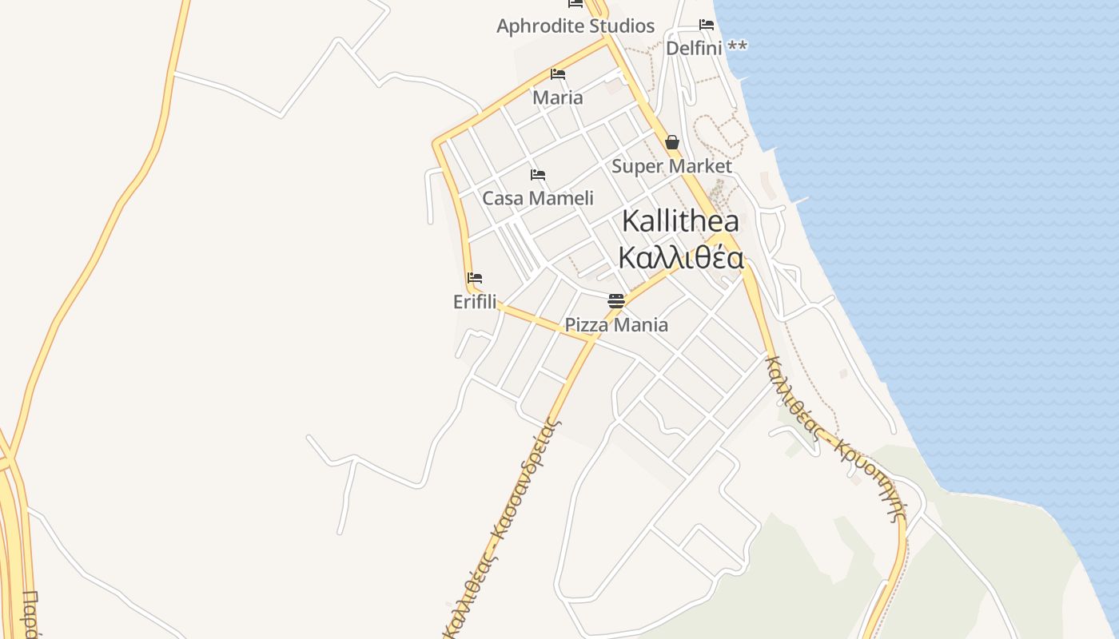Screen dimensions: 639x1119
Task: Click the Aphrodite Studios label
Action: click(x=575, y=26)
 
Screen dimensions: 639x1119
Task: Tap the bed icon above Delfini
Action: click(x=707, y=25)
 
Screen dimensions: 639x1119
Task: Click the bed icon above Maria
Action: click(x=558, y=74)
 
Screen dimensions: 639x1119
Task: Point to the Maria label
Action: click(x=558, y=97)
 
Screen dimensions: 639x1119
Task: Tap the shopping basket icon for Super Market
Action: click(x=672, y=143)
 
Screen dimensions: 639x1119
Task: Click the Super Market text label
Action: click(x=671, y=166)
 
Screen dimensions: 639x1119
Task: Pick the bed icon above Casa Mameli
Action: click(x=538, y=175)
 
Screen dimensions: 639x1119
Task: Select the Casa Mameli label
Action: click(x=538, y=198)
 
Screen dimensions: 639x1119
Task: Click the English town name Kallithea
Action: click(x=680, y=221)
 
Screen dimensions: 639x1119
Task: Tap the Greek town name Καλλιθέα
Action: click(x=681, y=258)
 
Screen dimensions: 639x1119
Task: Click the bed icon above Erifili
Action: click(x=475, y=279)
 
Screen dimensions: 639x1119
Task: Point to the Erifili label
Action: click(x=475, y=302)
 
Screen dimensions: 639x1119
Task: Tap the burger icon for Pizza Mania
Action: click(x=616, y=301)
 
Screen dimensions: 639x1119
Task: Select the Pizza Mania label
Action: click(x=616, y=325)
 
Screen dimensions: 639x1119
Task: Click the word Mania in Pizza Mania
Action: click(x=642, y=325)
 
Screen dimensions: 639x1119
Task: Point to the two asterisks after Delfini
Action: click(x=737, y=47)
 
